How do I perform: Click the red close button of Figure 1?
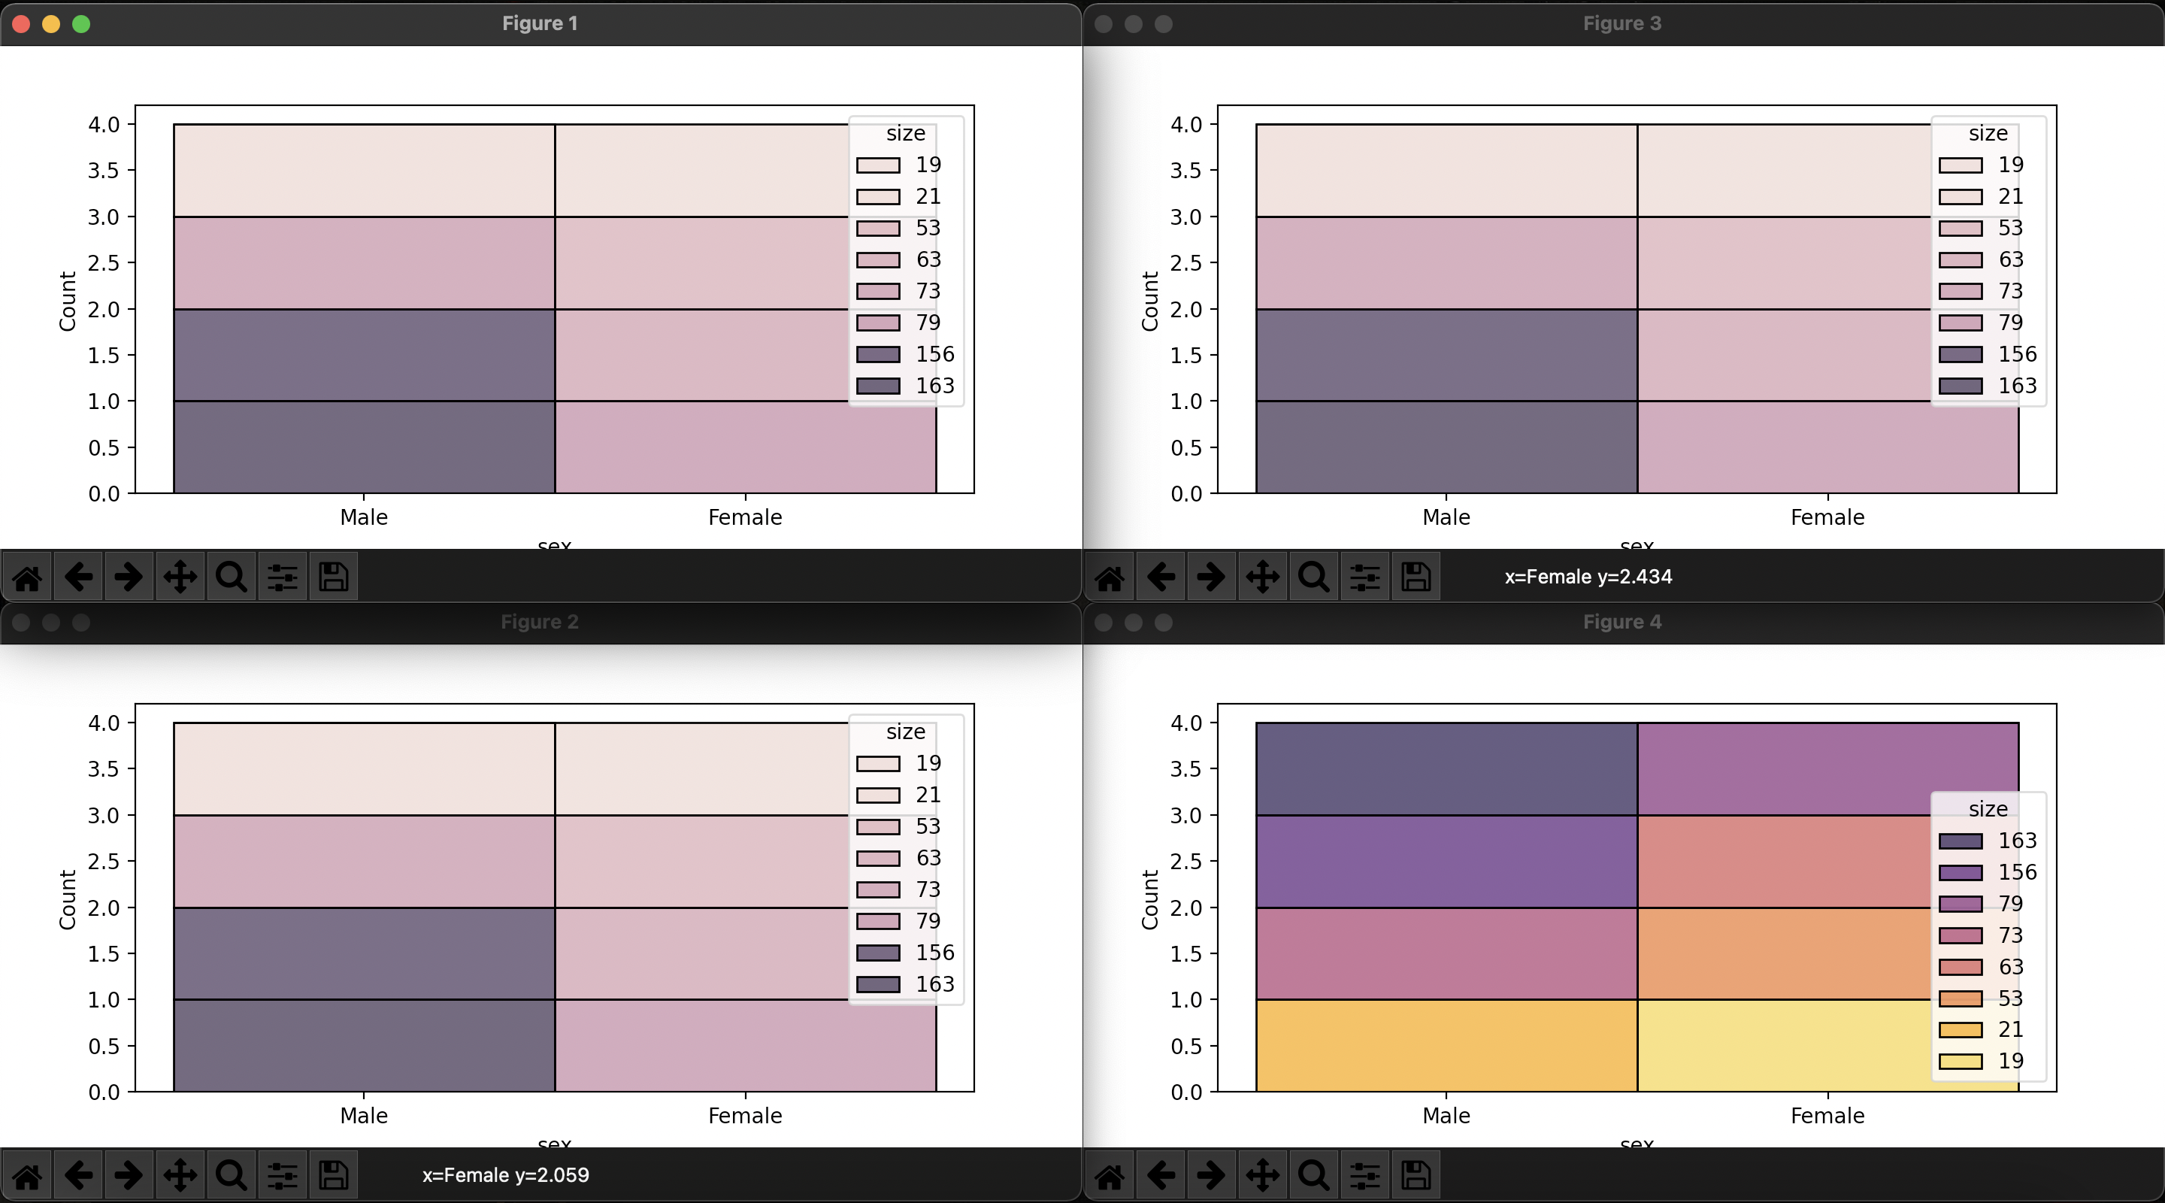click(22, 23)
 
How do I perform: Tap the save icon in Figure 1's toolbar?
click(334, 577)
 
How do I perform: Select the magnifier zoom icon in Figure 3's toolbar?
click(1313, 577)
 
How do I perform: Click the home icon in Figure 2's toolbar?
click(27, 1175)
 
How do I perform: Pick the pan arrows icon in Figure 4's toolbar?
click(1262, 1175)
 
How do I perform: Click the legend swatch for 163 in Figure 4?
click(1960, 841)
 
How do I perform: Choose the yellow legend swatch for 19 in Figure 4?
click(1960, 1062)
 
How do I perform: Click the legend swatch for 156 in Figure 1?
click(877, 354)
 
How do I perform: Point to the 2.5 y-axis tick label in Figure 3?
click(1186, 263)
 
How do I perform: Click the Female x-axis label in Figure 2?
click(745, 1116)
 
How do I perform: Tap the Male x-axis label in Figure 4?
click(1446, 1116)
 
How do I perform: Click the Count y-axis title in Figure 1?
click(67, 301)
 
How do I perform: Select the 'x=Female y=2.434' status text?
click(1588, 577)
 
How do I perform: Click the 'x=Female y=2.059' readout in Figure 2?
click(505, 1175)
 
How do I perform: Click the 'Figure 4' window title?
click(1621, 622)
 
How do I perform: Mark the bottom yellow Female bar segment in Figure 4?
click(1782, 1046)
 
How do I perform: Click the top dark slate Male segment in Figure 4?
click(1446, 768)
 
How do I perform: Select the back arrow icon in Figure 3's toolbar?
click(1161, 577)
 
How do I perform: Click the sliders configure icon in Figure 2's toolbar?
click(283, 1175)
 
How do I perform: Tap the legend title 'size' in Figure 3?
click(1988, 133)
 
